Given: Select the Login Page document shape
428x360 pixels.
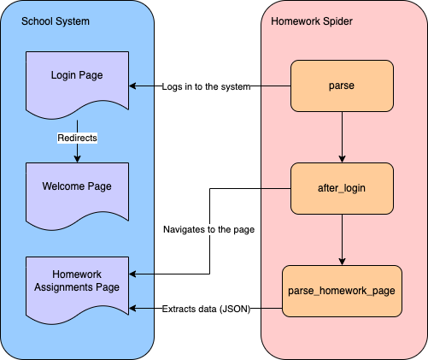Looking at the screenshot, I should coord(77,81).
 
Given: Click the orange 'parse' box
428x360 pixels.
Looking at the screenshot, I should coord(342,86).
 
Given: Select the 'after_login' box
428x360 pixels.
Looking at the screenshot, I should coord(342,188).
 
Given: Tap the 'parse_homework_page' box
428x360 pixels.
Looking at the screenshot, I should coord(342,291).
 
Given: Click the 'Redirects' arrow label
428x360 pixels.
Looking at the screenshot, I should coord(77,137).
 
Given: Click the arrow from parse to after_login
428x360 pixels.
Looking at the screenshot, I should coord(342,137).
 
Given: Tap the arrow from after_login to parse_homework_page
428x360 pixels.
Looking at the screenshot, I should coord(342,239).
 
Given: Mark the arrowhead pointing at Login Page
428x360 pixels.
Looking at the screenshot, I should coord(132,86).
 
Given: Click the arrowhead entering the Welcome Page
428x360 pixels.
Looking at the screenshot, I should coord(77,158).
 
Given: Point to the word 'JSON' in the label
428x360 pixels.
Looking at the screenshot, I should coord(233,308).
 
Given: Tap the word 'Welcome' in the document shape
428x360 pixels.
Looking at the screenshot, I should coord(63,186).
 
